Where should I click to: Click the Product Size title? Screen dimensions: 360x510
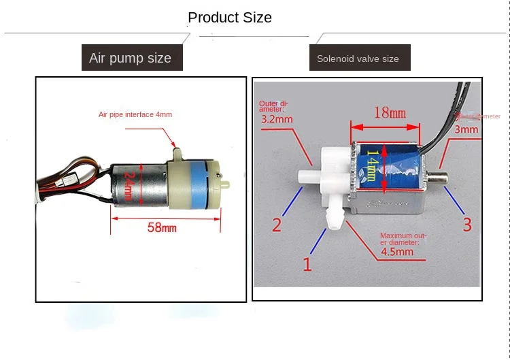[230, 18]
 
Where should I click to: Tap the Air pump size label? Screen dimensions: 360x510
[130, 58]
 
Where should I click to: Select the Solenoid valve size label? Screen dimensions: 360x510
[358, 59]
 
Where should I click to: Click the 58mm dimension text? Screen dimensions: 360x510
[162, 227]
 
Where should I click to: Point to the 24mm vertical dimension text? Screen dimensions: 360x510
[130, 184]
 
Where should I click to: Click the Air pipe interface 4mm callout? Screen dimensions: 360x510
[135, 114]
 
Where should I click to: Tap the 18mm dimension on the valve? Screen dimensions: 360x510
[389, 112]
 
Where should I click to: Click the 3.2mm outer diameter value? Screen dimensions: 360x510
[277, 119]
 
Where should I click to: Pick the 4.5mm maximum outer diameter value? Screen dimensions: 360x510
[396, 252]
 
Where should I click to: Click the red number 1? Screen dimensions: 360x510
[307, 263]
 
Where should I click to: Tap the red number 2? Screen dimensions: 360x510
[277, 225]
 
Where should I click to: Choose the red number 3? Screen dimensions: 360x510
[466, 225]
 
